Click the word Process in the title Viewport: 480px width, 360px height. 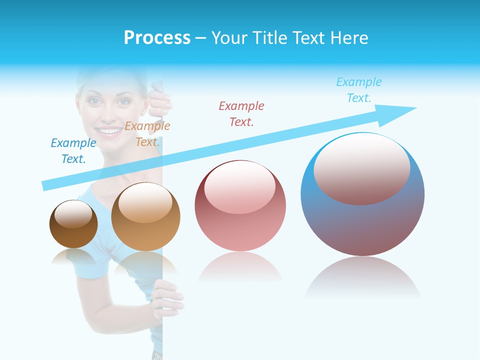(157, 37)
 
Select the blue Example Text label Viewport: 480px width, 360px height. (73, 151)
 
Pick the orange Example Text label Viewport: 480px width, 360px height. (147, 134)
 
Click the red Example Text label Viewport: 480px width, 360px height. (241, 113)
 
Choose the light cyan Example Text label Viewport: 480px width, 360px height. (359, 90)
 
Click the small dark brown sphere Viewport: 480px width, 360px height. (73, 224)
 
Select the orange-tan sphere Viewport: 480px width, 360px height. (145, 217)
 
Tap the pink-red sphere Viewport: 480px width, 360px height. (240, 206)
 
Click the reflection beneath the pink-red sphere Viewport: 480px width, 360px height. (240, 267)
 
